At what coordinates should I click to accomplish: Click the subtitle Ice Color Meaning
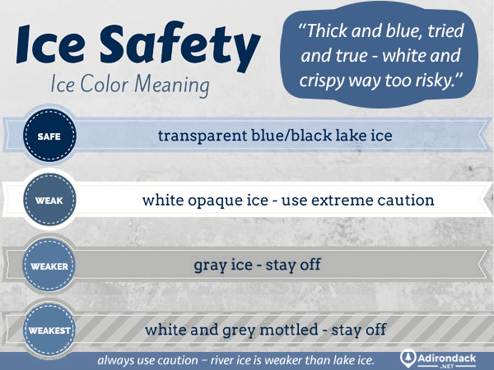[x=129, y=86]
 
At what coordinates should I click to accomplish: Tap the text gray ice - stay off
[x=257, y=266]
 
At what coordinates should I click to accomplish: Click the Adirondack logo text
[x=454, y=358]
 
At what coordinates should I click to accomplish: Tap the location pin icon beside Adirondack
[x=409, y=358]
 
